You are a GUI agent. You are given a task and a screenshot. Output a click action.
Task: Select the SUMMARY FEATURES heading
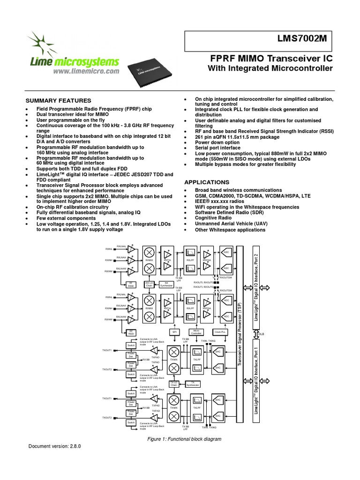pos(58,100)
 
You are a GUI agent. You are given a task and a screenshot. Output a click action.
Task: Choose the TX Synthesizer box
pos(192,384)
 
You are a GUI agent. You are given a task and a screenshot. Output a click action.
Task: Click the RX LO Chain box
pos(149,284)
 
